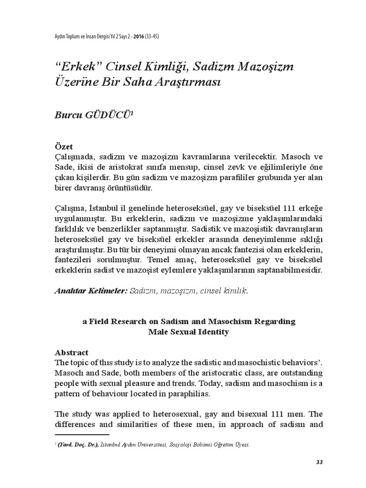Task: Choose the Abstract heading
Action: click(72, 352)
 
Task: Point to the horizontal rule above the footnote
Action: click(82, 435)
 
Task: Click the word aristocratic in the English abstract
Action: click(206, 372)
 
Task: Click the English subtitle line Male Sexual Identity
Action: click(189, 332)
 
